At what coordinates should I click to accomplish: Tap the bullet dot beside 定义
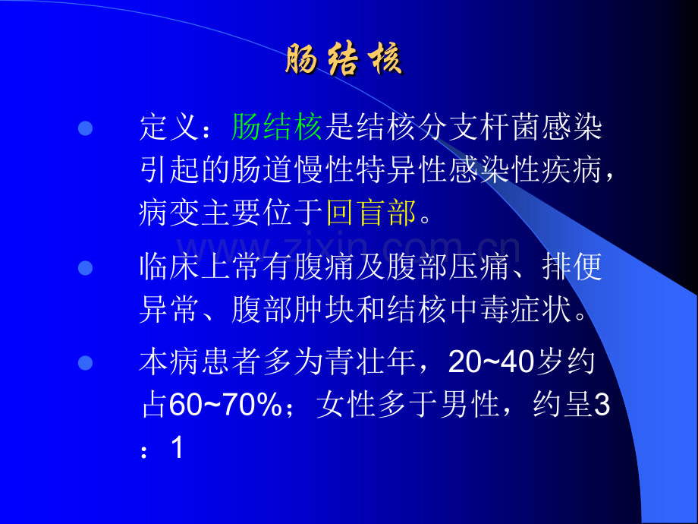click(x=86, y=127)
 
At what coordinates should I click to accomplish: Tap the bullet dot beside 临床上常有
click(x=86, y=267)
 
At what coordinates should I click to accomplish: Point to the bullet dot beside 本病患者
click(x=86, y=363)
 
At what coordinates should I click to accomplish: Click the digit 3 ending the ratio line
click(x=602, y=406)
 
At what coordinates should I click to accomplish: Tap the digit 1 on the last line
click(x=178, y=448)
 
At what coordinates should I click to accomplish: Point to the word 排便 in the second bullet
click(x=572, y=267)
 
